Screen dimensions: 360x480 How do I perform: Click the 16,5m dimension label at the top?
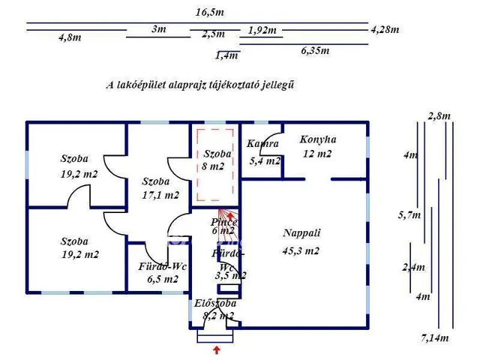tap(209, 13)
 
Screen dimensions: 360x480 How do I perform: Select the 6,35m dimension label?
tap(316, 51)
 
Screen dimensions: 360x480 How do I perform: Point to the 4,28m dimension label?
tap(385, 29)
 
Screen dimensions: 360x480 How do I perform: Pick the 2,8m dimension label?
tap(439, 115)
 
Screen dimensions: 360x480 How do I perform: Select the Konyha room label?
tap(318, 139)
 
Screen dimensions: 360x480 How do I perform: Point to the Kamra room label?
tap(262, 144)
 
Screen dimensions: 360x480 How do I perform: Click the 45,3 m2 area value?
tap(301, 251)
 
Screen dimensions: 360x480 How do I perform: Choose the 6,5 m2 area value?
tap(163, 279)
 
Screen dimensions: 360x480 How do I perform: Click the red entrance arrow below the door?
tap(217, 349)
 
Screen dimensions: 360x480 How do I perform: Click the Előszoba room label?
tap(215, 304)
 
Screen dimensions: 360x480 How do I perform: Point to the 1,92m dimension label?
tap(262, 31)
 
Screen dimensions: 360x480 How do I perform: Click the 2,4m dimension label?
tap(413, 268)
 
